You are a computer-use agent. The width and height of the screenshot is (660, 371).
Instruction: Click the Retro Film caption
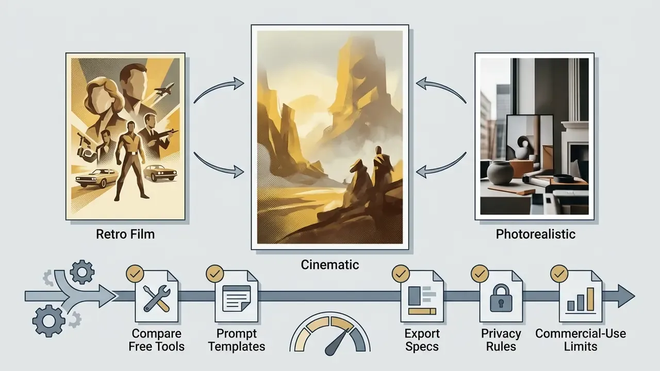(125, 234)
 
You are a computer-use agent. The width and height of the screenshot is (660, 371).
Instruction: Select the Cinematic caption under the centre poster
(329, 265)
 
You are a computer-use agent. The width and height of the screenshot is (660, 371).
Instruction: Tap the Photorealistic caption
(535, 234)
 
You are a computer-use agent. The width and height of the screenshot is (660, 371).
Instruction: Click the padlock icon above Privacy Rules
(501, 298)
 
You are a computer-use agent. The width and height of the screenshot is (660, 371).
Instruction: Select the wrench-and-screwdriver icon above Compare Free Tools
(157, 298)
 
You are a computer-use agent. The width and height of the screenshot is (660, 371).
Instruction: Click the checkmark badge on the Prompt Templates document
(215, 274)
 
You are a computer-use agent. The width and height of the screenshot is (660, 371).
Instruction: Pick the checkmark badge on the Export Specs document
(401, 274)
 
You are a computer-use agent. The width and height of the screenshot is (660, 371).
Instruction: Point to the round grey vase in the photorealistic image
(500, 174)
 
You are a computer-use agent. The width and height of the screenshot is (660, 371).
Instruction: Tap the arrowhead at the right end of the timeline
(626, 296)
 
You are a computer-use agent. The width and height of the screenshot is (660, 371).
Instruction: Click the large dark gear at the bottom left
(48, 321)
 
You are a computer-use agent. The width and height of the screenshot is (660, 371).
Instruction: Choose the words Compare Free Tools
(156, 340)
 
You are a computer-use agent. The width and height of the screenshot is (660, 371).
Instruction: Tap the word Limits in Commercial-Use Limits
(581, 347)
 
